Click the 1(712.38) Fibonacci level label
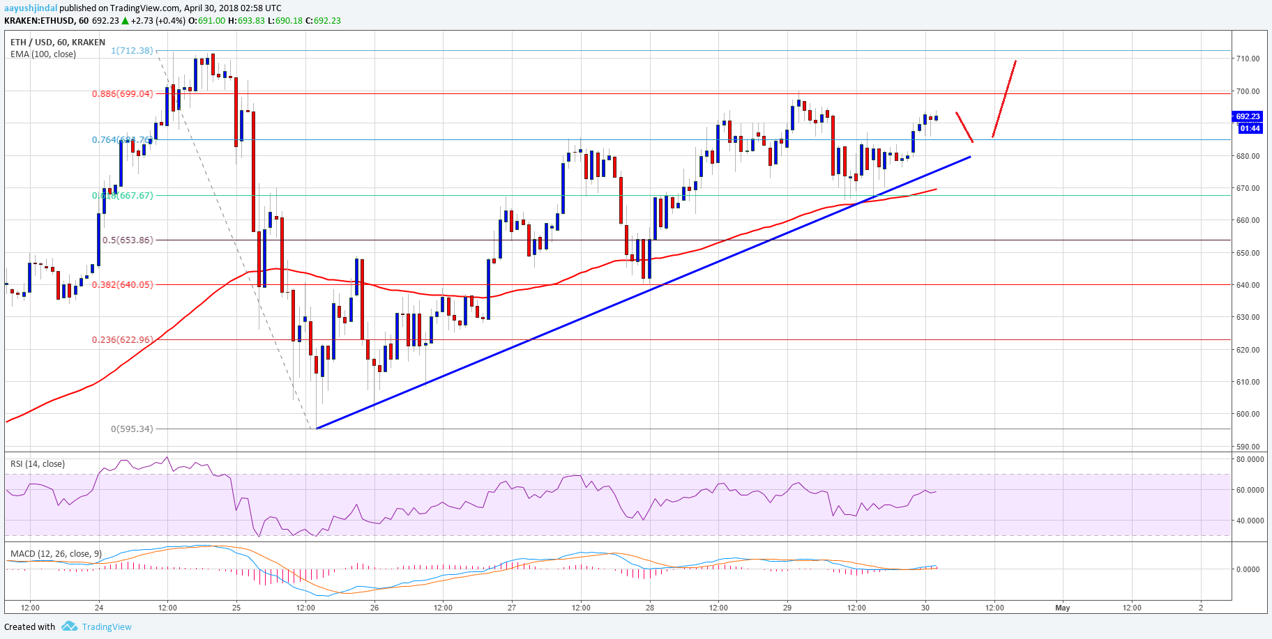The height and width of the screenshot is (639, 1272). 132,50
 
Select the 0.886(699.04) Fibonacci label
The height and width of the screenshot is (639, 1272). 122,93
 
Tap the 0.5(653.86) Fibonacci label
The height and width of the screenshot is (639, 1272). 127,240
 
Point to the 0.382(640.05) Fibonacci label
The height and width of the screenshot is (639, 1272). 122,284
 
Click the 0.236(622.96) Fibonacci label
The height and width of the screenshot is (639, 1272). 122,340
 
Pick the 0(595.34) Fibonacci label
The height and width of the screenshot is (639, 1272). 131,429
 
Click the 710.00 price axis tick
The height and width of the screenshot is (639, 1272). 1248,59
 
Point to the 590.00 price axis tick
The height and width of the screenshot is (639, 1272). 1248,447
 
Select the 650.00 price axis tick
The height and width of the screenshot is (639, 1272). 1248,253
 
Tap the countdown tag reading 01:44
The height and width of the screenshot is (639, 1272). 1250,128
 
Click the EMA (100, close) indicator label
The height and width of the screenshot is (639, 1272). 43,54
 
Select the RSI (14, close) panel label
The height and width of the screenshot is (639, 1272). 38,464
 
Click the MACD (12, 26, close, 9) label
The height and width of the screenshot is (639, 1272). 56,554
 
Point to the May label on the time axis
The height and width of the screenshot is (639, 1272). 1062,608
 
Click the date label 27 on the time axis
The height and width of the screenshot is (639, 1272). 512,608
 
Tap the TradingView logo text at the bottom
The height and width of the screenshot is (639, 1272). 106,626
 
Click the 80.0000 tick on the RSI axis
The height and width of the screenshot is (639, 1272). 1249,460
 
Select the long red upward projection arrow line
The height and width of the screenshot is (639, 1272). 1004,98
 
